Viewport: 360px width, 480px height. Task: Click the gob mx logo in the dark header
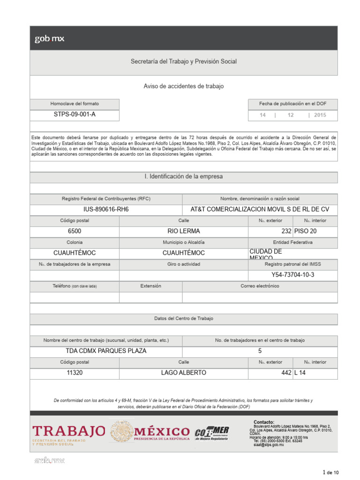tap(49, 39)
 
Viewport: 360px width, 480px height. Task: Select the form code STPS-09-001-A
tap(75, 115)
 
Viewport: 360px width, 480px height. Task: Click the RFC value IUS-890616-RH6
tap(106, 210)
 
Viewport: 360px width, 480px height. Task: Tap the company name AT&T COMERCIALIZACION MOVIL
tap(260, 210)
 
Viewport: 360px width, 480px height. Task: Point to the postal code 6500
tap(75, 231)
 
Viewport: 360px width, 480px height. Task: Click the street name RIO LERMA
tap(183, 231)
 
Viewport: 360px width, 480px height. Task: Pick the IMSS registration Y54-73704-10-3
tap(293, 275)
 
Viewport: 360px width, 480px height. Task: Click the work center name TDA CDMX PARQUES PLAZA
tap(106, 351)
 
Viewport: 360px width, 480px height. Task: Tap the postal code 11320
tap(75, 373)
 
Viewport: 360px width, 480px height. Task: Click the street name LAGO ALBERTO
tap(183, 373)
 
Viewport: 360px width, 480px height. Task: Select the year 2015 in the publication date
tap(320, 115)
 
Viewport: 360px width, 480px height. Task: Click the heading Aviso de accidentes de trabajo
tap(183, 86)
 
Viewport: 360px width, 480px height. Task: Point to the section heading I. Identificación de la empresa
tap(183, 177)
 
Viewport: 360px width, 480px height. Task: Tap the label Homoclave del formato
tap(75, 104)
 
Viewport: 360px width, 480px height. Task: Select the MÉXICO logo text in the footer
tap(162, 432)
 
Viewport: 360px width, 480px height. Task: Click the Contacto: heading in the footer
tap(264, 422)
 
